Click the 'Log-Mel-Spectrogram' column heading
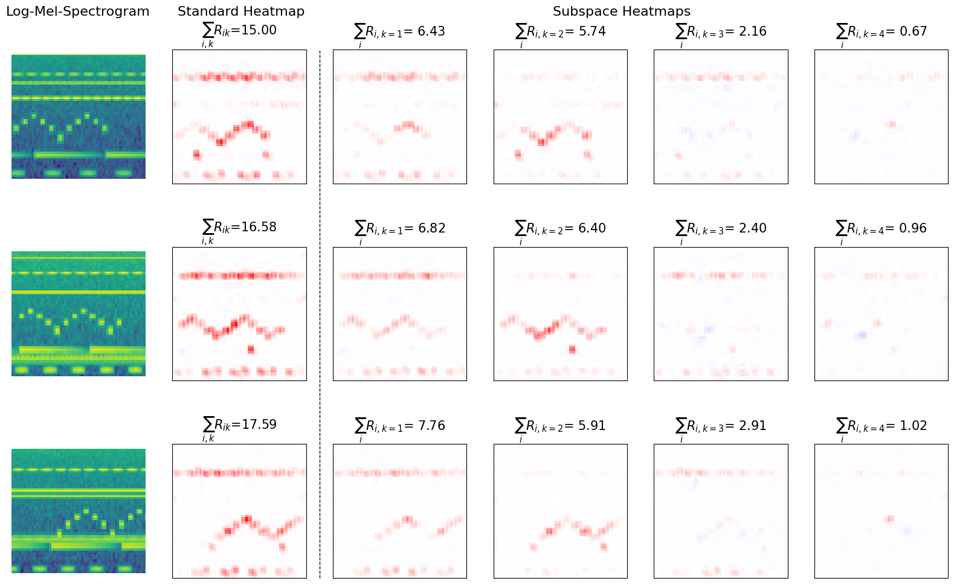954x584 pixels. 77,11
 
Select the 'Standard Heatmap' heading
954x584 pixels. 240,11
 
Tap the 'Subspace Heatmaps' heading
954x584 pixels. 621,11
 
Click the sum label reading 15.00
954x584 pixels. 239,31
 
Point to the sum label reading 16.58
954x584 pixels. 239,228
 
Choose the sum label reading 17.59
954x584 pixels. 239,425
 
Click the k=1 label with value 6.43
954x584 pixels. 399,32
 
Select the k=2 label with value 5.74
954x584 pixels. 560,32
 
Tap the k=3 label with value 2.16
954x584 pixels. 721,32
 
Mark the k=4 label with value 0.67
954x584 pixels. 881,32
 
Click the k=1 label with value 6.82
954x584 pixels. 399,229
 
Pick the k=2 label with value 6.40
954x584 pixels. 560,229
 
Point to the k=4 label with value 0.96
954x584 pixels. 881,229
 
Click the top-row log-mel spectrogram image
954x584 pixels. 79,117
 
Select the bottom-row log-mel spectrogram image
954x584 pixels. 79,511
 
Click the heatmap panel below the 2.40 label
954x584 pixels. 721,314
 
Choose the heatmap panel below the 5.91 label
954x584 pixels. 560,511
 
